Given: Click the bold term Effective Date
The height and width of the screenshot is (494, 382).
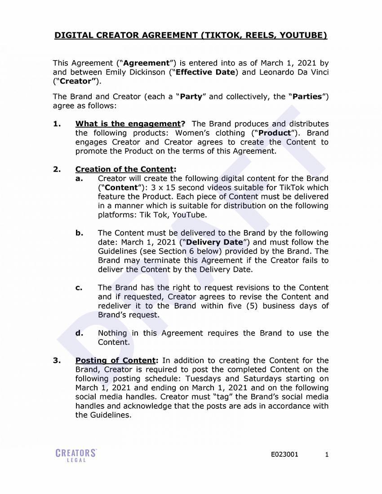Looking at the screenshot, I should click(x=205, y=72).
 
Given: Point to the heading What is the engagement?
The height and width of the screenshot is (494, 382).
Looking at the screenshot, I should click(x=130, y=124).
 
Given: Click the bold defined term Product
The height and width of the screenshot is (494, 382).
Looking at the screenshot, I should click(x=275, y=133).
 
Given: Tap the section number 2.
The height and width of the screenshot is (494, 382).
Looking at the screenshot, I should click(x=57, y=169).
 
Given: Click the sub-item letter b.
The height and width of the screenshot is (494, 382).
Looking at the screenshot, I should click(x=79, y=233).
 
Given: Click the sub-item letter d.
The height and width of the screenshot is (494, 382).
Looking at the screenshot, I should click(x=79, y=333).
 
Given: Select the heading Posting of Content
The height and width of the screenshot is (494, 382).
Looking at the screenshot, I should click(x=115, y=361).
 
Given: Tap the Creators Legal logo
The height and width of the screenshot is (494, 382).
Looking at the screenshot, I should click(x=76, y=454).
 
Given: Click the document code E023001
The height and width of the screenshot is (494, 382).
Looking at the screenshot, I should click(x=284, y=454).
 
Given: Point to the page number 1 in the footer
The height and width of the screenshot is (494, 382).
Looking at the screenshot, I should click(x=327, y=454).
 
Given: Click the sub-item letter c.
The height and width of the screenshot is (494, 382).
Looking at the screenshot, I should click(x=79, y=288).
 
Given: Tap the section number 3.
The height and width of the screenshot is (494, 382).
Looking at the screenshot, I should click(x=57, y=361).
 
